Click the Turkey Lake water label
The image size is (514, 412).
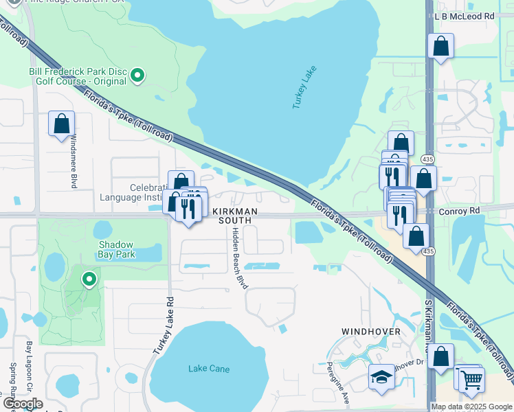(302, 91)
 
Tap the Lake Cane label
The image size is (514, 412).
(209, 369)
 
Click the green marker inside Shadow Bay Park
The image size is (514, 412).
(89, 279)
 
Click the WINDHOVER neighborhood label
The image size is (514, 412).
(371, 331)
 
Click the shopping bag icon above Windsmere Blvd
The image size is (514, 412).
(61, 124)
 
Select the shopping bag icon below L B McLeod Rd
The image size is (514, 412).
(440, 46)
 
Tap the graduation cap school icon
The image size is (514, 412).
(381, 377)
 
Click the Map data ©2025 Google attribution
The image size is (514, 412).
(471, 407)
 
